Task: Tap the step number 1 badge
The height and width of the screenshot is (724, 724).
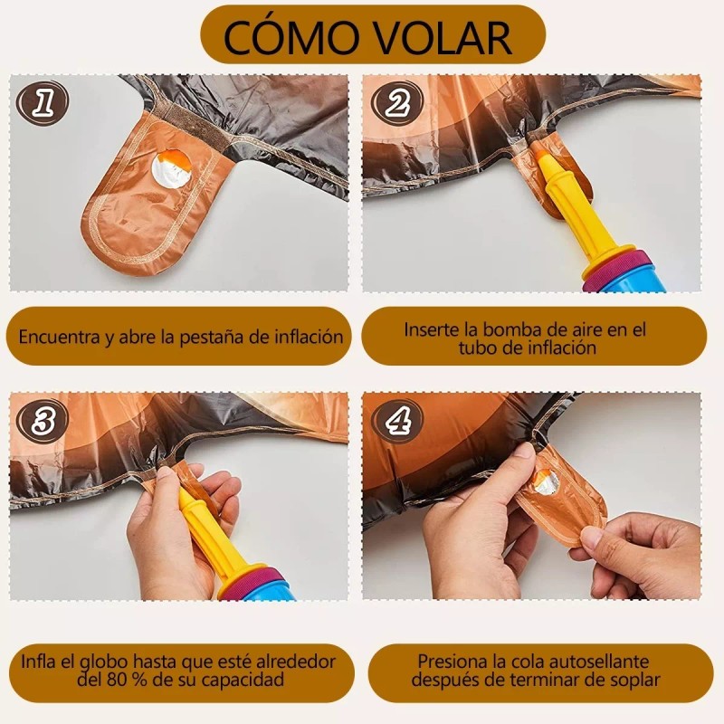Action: coord(42,105)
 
